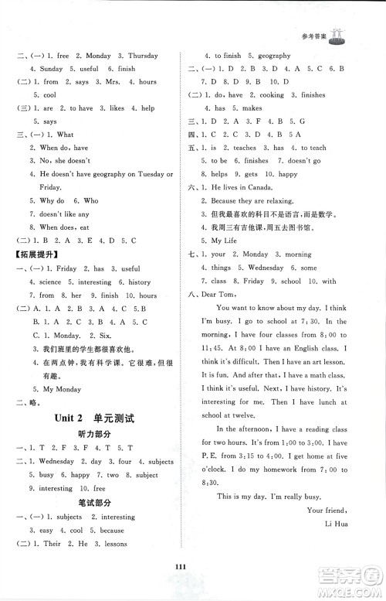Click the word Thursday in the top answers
pos(139,56)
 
